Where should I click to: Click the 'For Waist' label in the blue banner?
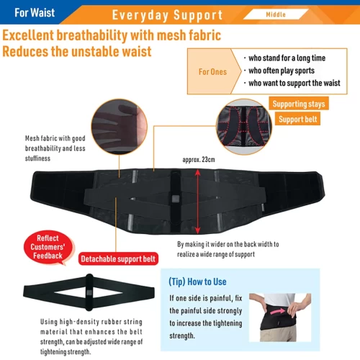tap(35, 13)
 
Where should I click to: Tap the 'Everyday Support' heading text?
tap(167, 15)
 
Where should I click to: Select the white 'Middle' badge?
tap(276, 14)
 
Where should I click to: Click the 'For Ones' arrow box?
tap(215, 71)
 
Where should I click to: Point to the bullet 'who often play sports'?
tap(282, 71)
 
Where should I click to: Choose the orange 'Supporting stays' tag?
tap(299, 104)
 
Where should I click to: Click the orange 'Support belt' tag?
tap(297, 119)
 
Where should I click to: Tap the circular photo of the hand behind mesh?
tap(120, 127)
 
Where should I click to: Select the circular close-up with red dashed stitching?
tap(244, 127)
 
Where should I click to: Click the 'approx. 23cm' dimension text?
tap(199, 160)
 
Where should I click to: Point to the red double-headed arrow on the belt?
tap(197, 202)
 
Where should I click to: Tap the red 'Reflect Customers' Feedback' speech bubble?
tap(48, 248)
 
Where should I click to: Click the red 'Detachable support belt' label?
tap(118, 258)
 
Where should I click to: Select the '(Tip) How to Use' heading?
tap(197, 282)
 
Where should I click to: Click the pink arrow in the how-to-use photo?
tap(277, 312)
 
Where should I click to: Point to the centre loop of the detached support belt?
tap(89, 292)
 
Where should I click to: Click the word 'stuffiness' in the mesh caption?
tap(37, 158)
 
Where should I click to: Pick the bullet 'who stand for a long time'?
tap(287, 58)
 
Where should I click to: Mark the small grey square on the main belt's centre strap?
tap(176, 199)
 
